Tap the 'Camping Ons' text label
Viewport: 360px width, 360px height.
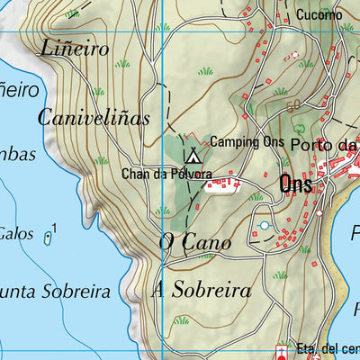(x=247, y=142)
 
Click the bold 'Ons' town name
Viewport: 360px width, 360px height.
(x=296, y=184)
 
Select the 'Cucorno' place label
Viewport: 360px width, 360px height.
(x=319, y=15)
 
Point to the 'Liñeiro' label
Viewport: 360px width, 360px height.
(x=74, y=49)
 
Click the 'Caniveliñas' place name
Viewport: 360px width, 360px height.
(x=94, y=118)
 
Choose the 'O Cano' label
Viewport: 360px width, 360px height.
(x=194, y=241)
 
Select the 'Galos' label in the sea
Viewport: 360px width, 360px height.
(x=16, y=233)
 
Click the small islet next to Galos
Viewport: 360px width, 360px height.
(x=47, y=237)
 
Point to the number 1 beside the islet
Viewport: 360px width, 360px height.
(x=55, y=229)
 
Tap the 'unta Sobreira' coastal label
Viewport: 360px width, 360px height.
(x=54, y=292)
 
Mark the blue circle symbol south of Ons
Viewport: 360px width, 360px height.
(x=264, y=225)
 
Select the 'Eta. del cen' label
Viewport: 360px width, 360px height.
(x=328, y=348)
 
